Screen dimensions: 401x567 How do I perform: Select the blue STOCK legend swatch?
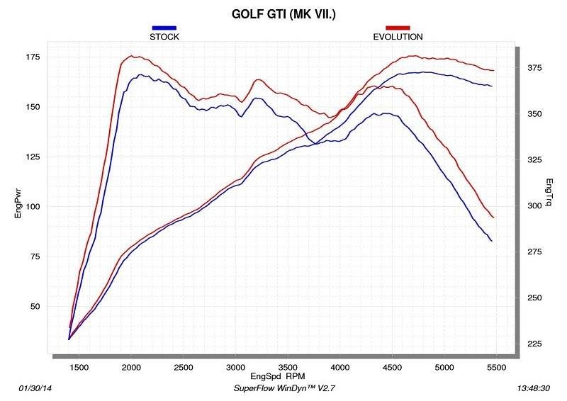click(164, 28)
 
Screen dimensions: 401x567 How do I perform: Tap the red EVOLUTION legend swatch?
click(398, 28)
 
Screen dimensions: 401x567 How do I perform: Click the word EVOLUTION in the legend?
click(398, 36)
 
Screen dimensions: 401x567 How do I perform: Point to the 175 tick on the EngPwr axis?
click(33, 57)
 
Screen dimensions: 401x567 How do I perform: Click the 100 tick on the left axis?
click(33, 207)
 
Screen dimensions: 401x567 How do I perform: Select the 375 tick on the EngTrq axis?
click(534, 68)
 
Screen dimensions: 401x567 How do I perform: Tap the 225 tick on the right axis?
click(534, 344)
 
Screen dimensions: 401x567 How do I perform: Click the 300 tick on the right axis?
click(534, 206)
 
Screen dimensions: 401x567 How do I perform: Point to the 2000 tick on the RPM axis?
click(132, 366)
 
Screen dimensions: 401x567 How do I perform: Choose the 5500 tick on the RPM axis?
click(496, 366)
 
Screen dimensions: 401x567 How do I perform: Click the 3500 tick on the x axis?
click(288, 366)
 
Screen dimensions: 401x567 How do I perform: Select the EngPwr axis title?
click(19, 201)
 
